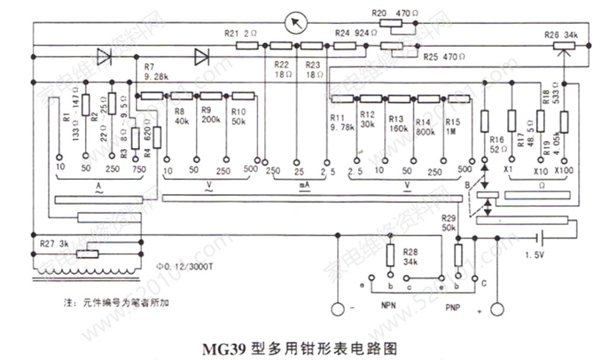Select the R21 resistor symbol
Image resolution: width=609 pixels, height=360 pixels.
coord(247,45)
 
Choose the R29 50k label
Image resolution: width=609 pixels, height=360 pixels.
coord(449,224)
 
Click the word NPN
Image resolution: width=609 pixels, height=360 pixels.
coord(389,305)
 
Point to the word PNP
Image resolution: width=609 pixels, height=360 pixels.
coord(455,307)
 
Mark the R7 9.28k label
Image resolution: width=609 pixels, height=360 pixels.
coord(156,71)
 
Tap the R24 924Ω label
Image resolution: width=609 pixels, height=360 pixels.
coord(352,31)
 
